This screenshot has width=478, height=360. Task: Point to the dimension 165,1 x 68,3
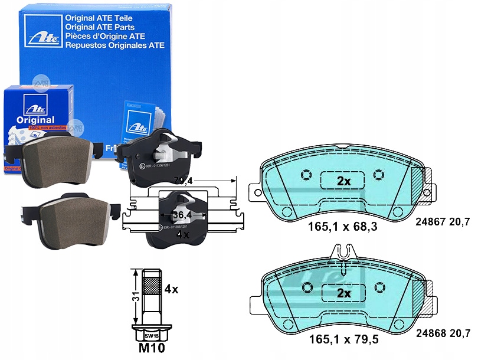click(343, 225)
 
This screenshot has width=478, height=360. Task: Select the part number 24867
click(429, 222)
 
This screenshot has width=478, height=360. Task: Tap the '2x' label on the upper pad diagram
click(343, 181)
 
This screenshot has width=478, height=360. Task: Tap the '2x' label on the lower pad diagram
click(343, 293)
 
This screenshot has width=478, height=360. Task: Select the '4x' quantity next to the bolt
click(172, 290)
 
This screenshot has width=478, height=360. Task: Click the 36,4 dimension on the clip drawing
click(182, 214)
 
